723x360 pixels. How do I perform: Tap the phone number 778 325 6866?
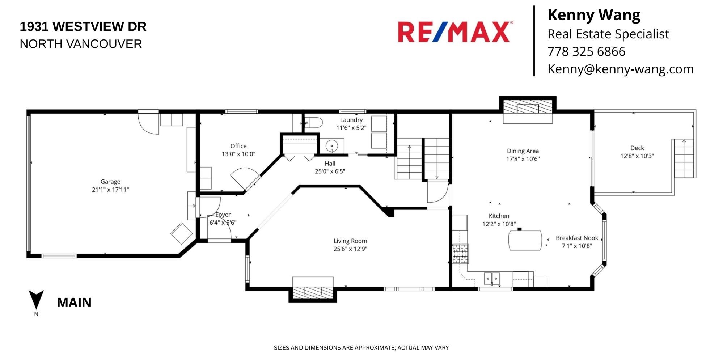click(586, 51)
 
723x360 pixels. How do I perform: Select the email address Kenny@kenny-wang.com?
click(621, 69)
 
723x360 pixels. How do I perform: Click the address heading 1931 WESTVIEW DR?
click(83, 26)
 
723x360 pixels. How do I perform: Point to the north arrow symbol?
click(36, 300)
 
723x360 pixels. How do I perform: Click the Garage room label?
click(110, 182)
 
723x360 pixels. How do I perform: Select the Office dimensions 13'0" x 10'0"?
click(238, 154)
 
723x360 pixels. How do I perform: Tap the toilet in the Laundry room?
click(313, 123)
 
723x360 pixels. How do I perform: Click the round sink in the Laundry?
click(331, 146)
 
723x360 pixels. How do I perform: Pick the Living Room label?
click(350, 241)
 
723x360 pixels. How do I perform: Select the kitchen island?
click(525, 240)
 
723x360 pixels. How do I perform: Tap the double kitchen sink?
click(492, 279)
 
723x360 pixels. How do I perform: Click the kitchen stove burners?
click(460, 253)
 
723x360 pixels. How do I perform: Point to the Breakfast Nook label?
click(577, 238)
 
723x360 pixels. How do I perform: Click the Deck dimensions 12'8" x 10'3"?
click(637, 156)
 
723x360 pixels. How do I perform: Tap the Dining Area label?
click(523, 151)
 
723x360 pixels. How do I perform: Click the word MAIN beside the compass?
click(74, 302)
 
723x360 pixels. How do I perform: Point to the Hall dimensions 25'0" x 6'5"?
click(330, 171)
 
